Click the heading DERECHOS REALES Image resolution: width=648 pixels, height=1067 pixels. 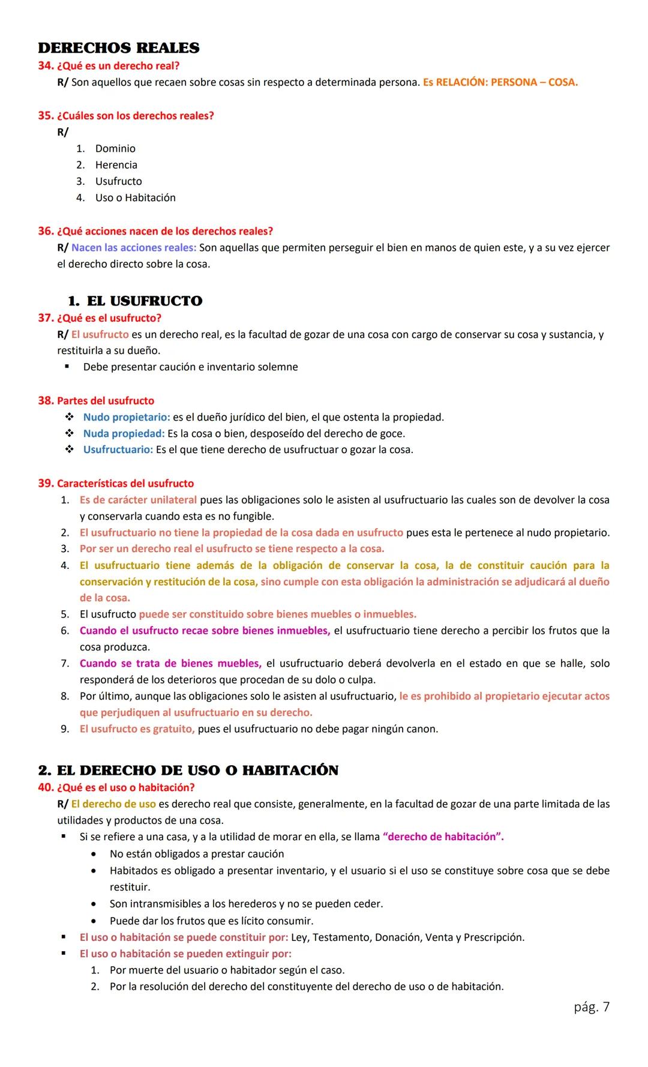tap(119, 48)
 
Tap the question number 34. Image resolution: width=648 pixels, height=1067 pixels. tap(46, 65)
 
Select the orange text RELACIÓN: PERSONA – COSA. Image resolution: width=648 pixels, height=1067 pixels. tap(506, 82)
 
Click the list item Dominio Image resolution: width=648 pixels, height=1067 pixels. tap(115, 148)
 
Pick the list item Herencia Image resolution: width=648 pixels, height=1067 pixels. tap(116, 165)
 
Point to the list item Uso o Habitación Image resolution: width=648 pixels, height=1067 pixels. tap(135, 197)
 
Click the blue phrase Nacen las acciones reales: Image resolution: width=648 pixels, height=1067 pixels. tap(133, 247)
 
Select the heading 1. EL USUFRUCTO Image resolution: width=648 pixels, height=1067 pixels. tap(135, 301)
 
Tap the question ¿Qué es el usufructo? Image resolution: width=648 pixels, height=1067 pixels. tap(109, 317)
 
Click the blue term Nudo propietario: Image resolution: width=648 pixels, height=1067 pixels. tap(126, 417)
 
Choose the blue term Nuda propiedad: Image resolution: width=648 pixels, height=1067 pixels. tap(124, 433)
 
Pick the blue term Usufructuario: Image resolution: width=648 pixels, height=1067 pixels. tap(118, 449)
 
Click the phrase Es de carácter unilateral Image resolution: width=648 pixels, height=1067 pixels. tap(138, 500)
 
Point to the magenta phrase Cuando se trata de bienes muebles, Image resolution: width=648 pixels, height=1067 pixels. tap(170, 664)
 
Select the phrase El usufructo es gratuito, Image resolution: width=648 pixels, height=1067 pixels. tap(137, 729)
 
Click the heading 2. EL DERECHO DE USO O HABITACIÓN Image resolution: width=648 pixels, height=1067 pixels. tap(188, 770)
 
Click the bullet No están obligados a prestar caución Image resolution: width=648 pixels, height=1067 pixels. tap(197, 853)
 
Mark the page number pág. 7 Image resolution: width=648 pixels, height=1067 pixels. tap(591, 1006)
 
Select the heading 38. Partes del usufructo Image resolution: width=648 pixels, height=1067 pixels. tap(96, 400)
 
